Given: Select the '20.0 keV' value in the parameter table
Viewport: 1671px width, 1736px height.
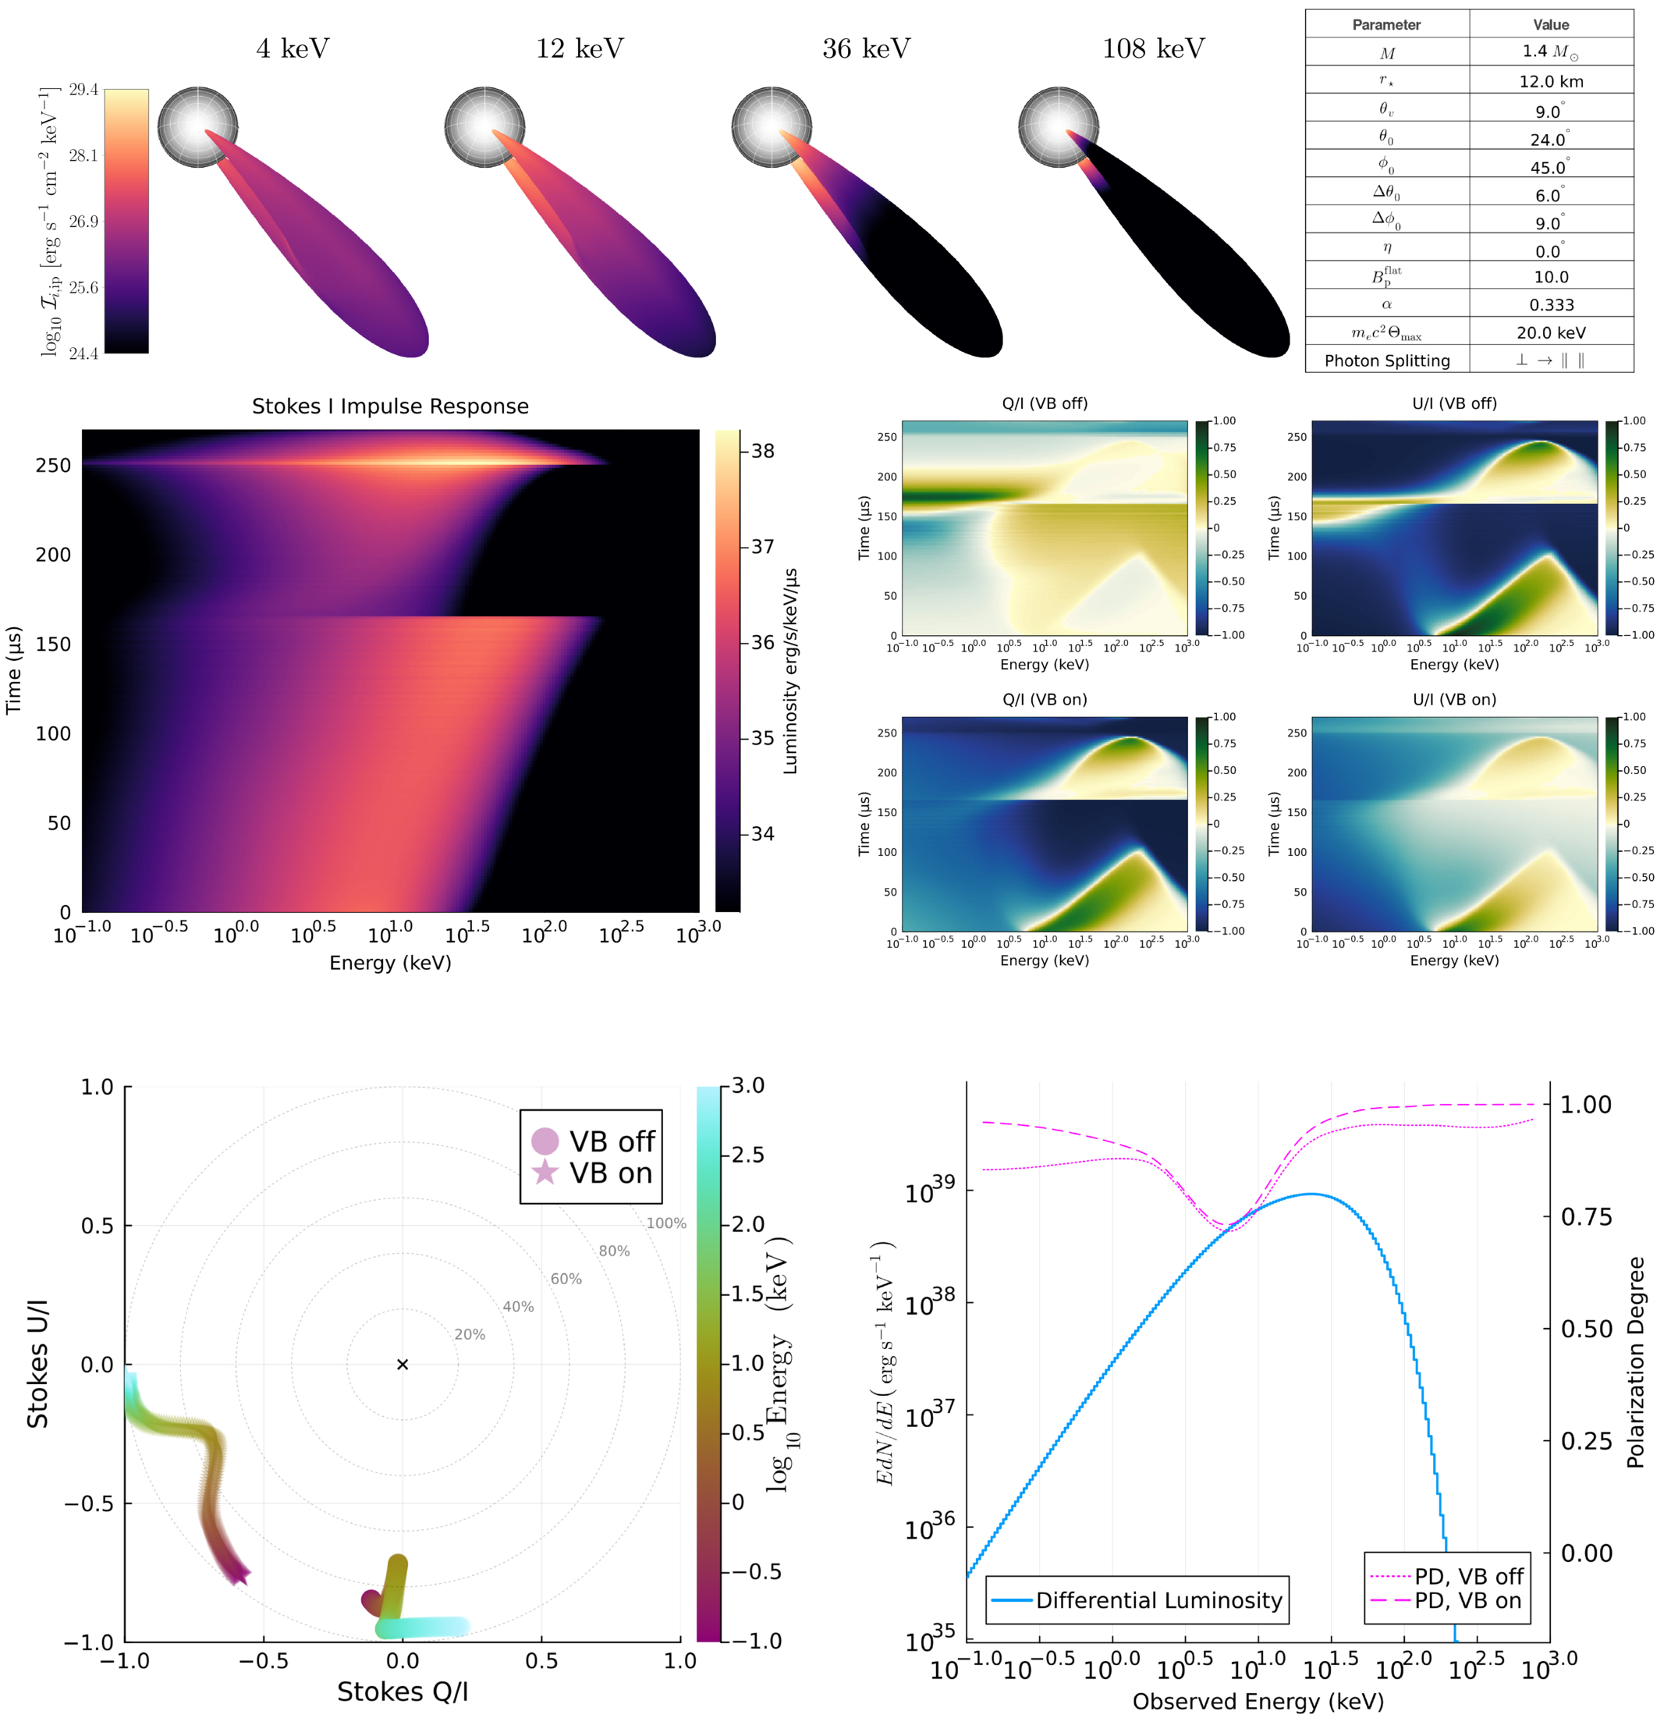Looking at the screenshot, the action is coord(1551,333).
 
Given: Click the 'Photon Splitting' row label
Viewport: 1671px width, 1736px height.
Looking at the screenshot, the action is coord(1387,360).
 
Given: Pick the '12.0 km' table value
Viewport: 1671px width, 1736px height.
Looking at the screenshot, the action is coord(1551,81).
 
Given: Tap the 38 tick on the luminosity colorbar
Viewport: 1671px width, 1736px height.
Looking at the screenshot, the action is coord(761,451).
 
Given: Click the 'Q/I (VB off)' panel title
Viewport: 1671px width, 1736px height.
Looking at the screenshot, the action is coord(1044,404).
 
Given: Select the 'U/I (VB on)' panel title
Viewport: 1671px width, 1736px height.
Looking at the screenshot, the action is coord(1454,700).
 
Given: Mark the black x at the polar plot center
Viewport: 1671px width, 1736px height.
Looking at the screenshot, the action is coord(402,1364).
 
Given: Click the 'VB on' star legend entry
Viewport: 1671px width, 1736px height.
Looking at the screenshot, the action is coord(594,1173).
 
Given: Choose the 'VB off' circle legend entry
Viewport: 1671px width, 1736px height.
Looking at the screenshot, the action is coord(594,1141).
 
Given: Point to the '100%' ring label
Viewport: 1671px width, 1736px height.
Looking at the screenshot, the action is coord(666,1223).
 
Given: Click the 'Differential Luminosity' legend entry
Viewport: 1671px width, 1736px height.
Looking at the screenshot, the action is coord(1137,1600).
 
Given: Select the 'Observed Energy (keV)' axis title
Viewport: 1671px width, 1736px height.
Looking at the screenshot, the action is coord(1258,1702).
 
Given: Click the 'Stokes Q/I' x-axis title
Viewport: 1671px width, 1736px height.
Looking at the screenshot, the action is coord(402,1692).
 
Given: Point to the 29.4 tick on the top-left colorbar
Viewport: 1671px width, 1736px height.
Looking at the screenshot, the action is coord(83,90).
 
